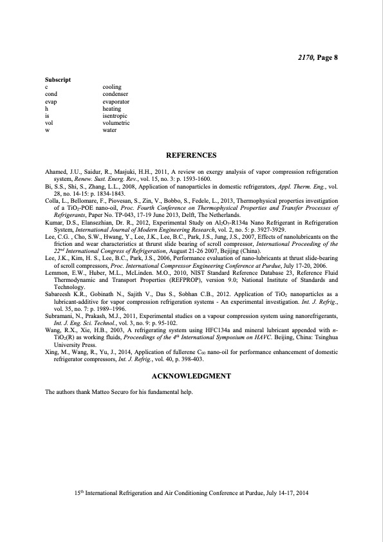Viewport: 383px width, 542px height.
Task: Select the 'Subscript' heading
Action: (x=57, y=79)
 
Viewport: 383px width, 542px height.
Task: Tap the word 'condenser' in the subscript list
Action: (x=115, y=94)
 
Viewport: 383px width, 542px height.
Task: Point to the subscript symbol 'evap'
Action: (x=51, y=101)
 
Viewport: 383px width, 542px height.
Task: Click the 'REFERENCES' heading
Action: (x=191, y=156)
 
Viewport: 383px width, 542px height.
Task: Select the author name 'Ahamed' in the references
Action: (x=56, y=173)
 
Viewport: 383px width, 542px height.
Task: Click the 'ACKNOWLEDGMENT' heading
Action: (x=191, y=375)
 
